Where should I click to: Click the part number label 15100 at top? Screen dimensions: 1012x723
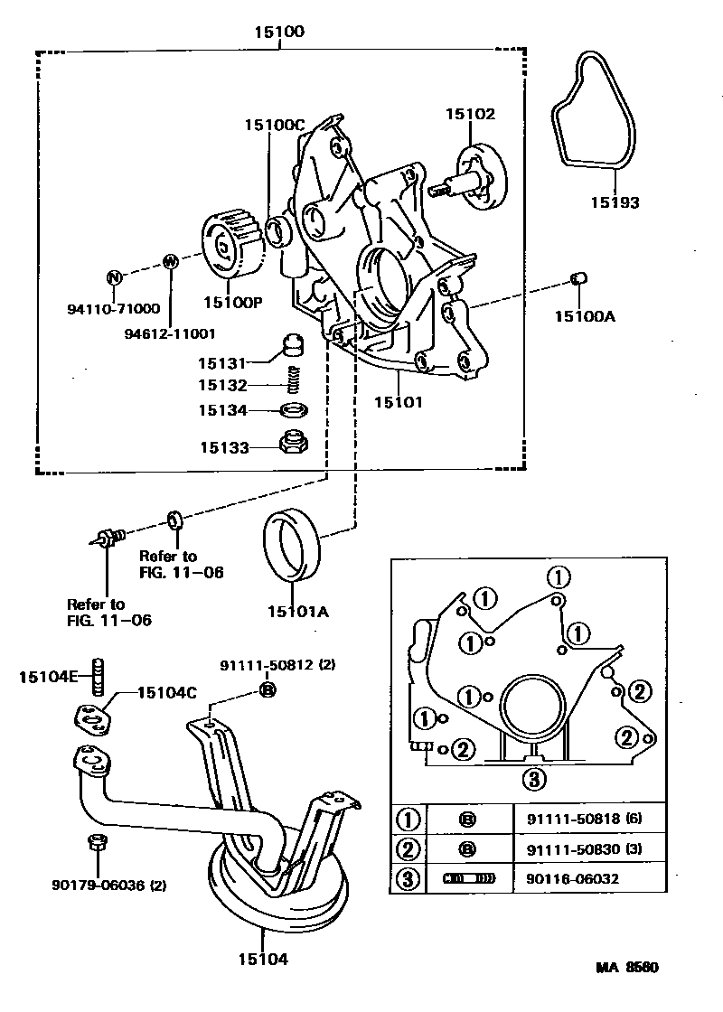coord(279,32)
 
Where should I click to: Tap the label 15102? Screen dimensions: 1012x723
coord(470,115)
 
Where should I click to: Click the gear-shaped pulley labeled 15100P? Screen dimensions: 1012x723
coord(232,242)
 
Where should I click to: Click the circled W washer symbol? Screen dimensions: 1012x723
coord(170,262)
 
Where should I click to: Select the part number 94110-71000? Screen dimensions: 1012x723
coord(114,308)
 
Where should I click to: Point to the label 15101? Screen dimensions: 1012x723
coord(399,401)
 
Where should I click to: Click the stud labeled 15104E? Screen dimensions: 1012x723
coord(100,675)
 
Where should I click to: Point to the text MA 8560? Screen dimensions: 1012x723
coord(626,968)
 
